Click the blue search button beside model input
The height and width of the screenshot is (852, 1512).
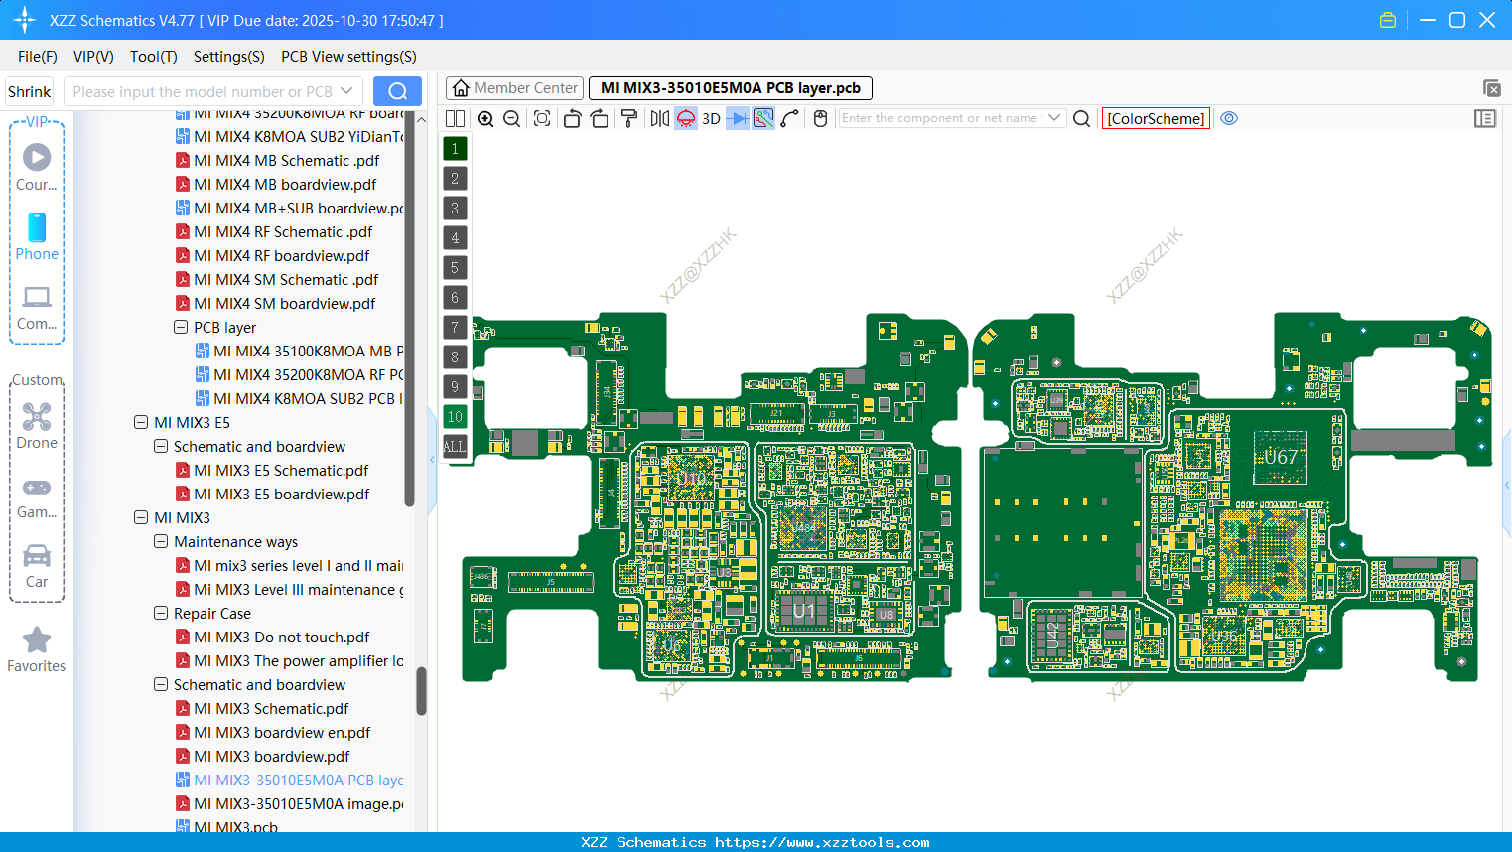point(397,91)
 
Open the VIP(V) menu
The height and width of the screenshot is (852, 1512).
point(93,57)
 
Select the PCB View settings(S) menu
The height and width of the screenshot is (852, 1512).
point(348,57)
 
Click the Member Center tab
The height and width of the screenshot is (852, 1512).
point(514,88)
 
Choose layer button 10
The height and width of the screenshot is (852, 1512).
point(455,417)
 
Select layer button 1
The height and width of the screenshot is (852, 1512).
point(455,149)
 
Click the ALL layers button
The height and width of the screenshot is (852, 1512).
point(455,446)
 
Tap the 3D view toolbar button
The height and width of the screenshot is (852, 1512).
point(711,119)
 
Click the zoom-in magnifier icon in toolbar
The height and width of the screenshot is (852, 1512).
point(485,119)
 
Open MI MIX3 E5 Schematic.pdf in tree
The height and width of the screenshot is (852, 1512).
point(281,471)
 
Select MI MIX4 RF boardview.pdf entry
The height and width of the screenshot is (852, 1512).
point(281,256)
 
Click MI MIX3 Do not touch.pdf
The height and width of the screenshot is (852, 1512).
point(281,638)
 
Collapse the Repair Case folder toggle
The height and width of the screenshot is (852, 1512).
point(161,614)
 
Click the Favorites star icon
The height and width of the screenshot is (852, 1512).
point(37,640)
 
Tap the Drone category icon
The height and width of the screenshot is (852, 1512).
point(37,418)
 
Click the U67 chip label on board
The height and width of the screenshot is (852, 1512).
point(1280,457)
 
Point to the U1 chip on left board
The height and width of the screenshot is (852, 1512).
point(803,611)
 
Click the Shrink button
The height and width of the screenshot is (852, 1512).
point(30,92)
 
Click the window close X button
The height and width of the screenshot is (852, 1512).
point(1487,20)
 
